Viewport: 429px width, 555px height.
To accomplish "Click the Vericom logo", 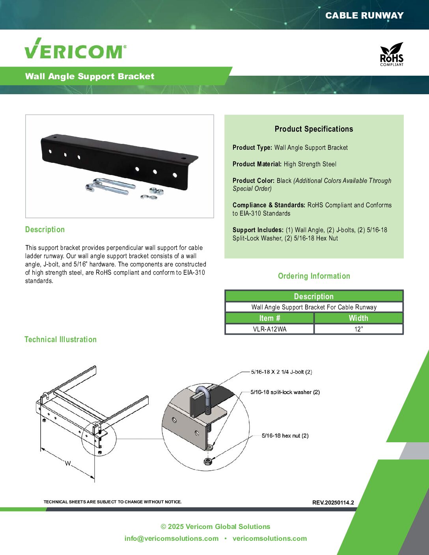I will pyautogui.click(x=75, y=49).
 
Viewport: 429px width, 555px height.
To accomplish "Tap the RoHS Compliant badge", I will pyautogui.click(x=392, y=54).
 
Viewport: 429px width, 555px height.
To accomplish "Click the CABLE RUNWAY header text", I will pyautogui.click(x=364, y=15).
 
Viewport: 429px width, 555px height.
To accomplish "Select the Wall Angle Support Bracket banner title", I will pyautogui.click(x=90, y=76).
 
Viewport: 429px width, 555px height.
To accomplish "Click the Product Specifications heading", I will pyautogui.click(x=314, y=129).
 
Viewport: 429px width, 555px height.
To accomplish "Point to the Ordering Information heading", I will pyautogui.click(x=314, y=276).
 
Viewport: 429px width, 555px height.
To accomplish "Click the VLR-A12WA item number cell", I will pyautogui.click(x=270, y=329).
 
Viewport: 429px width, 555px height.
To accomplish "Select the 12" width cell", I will pyautogui.click(x=358, y=329).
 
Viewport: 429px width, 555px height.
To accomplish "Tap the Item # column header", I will pyautogui.click(x=270, y=318).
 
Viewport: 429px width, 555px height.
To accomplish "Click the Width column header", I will pyautogui.click(x=358, y=318).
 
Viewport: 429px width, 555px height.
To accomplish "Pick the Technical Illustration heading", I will pyautogui.click(x=60, y=339).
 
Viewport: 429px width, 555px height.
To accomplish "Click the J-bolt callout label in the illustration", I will pyautogui.click(x=282, y=372).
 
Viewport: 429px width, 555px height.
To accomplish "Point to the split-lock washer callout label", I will pyautogui.click(x=285, y=392).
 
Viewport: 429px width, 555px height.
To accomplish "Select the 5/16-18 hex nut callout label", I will pyautogui.click(x=285, y=436).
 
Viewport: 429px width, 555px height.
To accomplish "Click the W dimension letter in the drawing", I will pyautogui.click(x=68, y=464).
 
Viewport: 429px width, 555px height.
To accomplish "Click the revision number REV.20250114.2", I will pyautogui.click(x=333, y=503).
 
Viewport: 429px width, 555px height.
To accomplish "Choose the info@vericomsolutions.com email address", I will pyautogui.click(x=172, y=538).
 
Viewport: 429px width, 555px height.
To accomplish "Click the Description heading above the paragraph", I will pyautogui.click(x=45, y=229).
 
